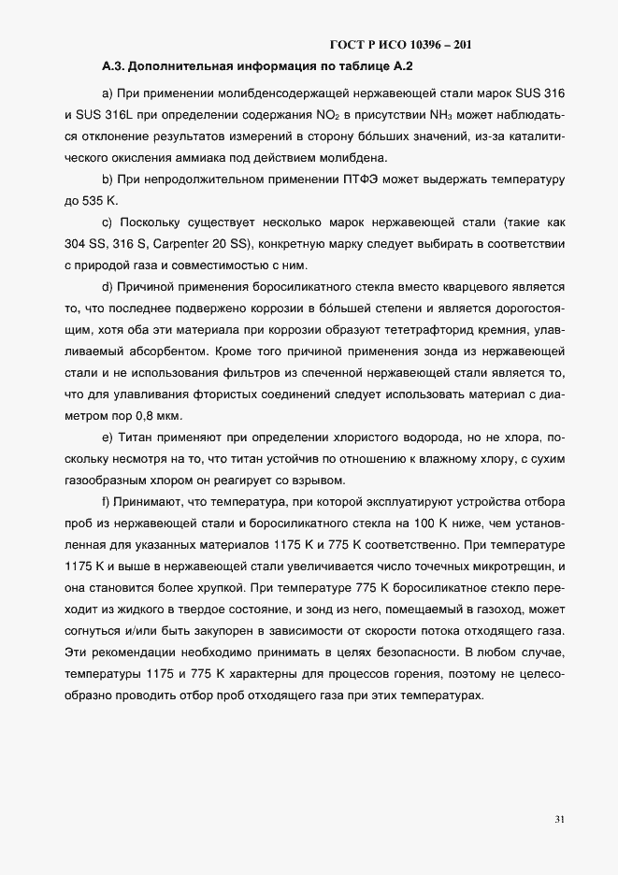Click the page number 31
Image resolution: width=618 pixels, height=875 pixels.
[x=559, y=820]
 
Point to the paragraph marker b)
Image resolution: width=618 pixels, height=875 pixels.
[x=107, y=179]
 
